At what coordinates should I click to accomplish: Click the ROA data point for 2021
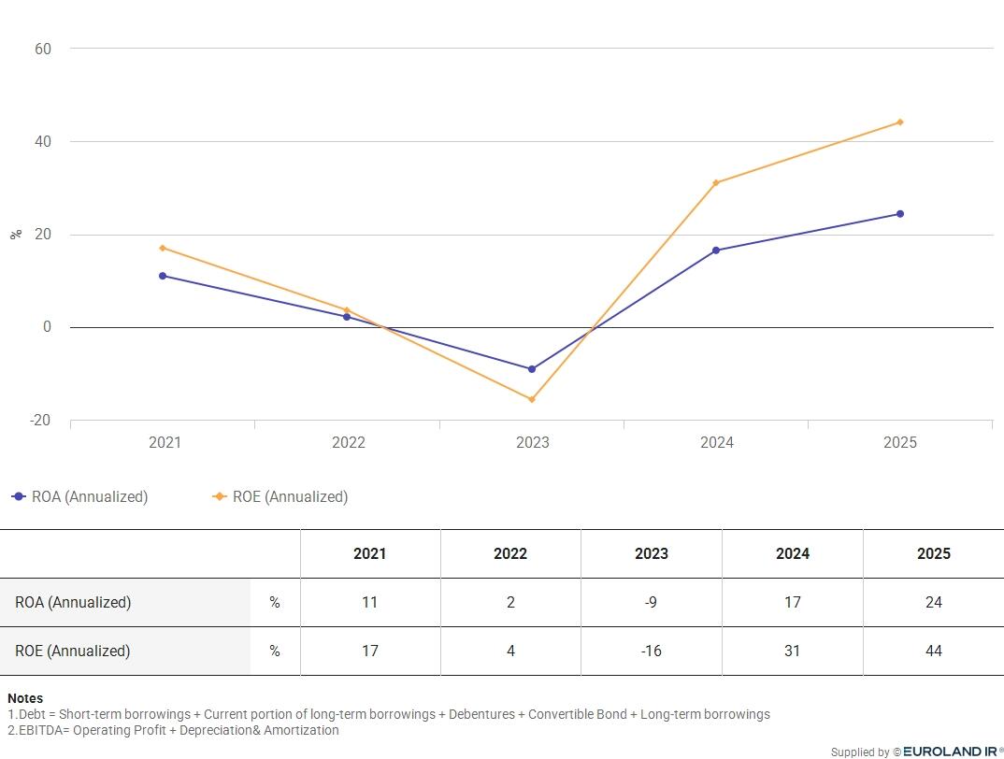tap(163, 276)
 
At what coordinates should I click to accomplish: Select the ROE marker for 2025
tap(900, 122)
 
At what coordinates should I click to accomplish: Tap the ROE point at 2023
tap(532, 400)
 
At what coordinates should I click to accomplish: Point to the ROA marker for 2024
tap(716, 251)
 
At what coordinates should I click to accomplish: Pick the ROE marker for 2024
tap(716, 183)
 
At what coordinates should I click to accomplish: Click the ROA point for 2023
tap(532, 369)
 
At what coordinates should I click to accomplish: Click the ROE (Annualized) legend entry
tap(280, 497)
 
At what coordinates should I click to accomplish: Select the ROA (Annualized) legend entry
tap(80, 497)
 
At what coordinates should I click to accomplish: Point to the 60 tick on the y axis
tap(43, 49)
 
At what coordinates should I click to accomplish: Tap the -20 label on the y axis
tap(39, 421)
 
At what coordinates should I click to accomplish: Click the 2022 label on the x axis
tap(349, 442)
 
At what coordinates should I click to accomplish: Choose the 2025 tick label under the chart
tap(900, 442)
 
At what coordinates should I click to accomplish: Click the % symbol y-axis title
tap(16, 235)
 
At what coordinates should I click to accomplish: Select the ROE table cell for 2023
tap(652, 651)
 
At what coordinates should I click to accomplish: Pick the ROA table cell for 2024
tap(793, 602)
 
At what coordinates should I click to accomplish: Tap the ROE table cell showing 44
tap(934, 651)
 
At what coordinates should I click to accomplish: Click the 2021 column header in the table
tap(370, 553)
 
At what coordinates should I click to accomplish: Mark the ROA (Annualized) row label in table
tap(73, 603)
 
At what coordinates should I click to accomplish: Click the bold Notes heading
tap(25, 698)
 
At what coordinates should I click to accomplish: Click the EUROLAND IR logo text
tap(950, 752)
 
